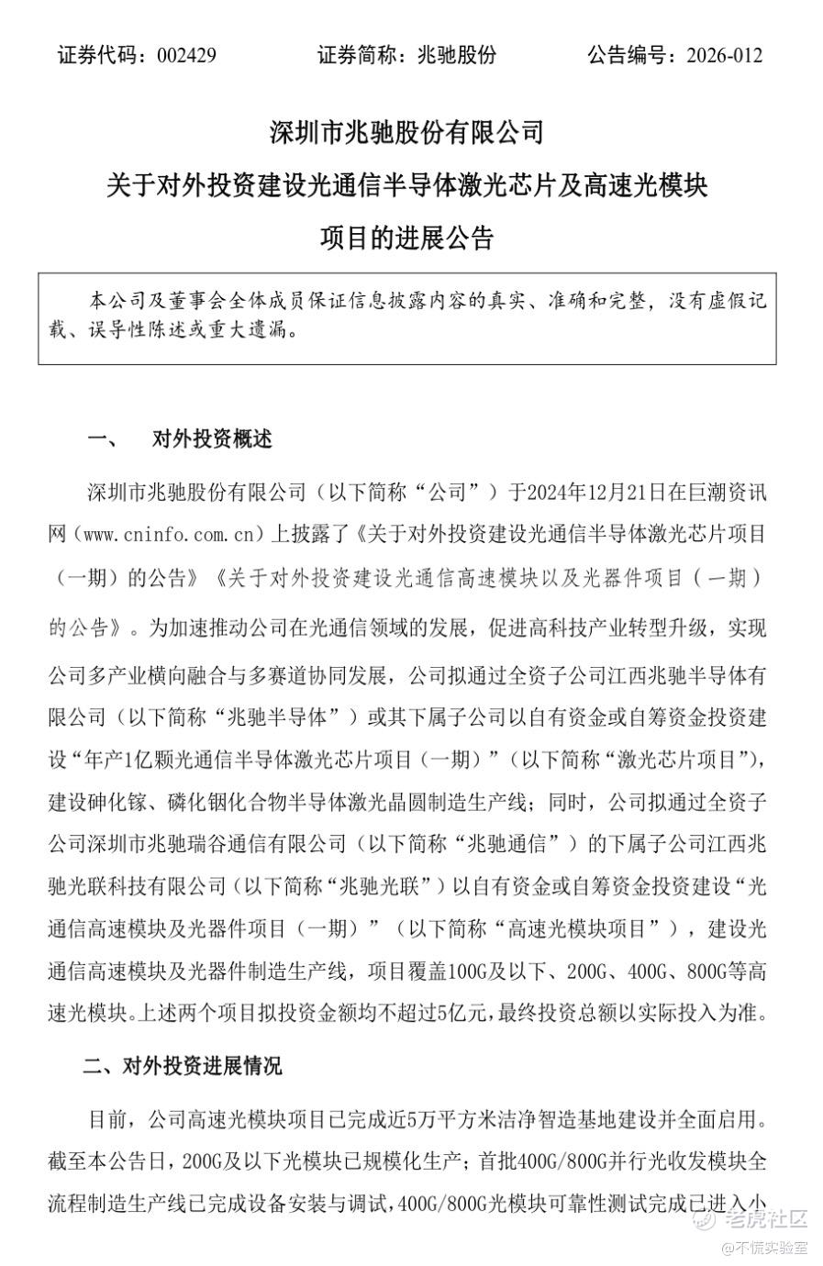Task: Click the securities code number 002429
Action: [186, 55]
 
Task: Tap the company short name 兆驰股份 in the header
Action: [456, 55]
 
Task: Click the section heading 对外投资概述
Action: [212, 439]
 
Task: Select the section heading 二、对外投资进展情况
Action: [183, 1066]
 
